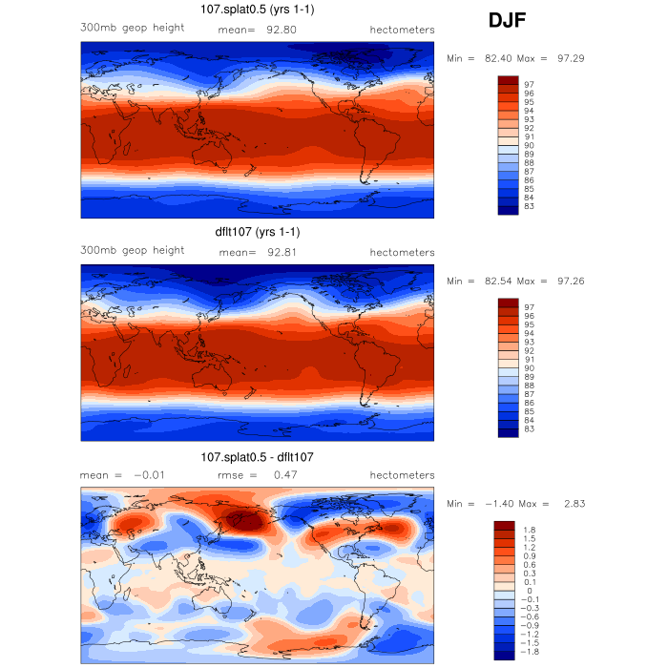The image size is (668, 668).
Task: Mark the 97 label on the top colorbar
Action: (x=529, y=85)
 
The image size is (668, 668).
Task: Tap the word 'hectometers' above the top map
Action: (x=402, y=30)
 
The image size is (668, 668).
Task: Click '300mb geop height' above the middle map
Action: (x=132, y=250)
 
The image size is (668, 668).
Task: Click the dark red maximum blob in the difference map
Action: (x=248, y=519)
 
